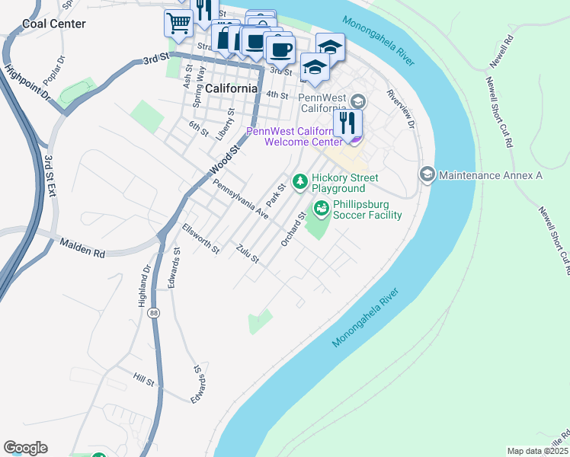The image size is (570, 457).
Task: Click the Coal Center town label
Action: (54, 24)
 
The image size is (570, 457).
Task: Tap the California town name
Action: (231, 88)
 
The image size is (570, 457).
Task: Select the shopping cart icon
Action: (178, 23)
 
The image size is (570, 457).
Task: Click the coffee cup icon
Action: (280, 50)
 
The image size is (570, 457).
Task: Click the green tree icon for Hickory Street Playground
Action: (301, 181)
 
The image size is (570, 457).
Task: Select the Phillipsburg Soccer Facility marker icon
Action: (322, 207)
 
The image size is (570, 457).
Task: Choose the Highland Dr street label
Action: (142, 287)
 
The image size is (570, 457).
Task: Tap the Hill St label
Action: (144, 379)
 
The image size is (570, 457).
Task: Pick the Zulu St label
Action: (248, 254)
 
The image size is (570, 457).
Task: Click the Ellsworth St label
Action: (201, 238)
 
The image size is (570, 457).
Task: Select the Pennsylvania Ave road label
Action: (241, 200)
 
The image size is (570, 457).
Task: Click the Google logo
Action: (25, 448)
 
